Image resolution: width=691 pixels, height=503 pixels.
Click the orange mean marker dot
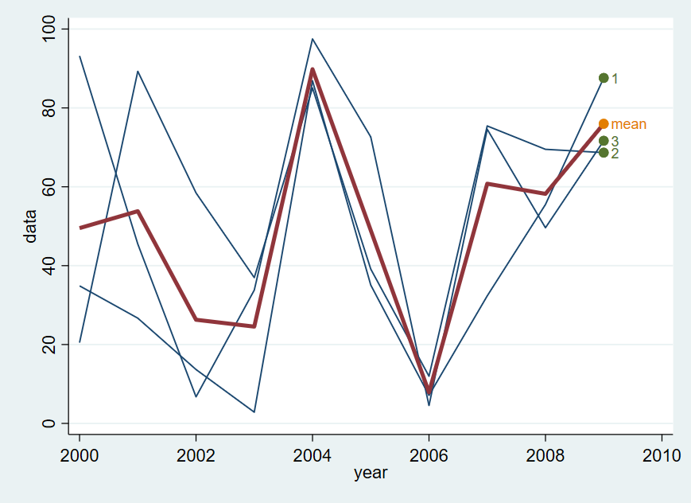click(604, 124)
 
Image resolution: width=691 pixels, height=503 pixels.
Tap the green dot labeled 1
click(604, 78)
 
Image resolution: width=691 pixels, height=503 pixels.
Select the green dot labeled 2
click(604, 153)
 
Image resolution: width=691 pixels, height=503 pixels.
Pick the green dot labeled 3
click(604, 141)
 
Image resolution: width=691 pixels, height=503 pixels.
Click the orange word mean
click(628, 124)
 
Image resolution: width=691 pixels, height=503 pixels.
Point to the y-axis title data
click(31, 226)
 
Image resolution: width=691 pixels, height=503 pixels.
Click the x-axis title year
click(371, 473)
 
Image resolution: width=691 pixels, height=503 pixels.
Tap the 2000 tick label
click(80, 455)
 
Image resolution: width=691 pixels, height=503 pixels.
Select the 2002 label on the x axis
click(196, 455)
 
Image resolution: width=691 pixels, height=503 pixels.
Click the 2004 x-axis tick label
click(313, 455)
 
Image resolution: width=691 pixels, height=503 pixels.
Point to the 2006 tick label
click(429, 455)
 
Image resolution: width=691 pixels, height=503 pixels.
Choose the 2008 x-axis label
click(545, 455)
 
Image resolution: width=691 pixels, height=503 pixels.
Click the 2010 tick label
click(662, 455)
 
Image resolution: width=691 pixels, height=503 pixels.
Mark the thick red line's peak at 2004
click(313, 69)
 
